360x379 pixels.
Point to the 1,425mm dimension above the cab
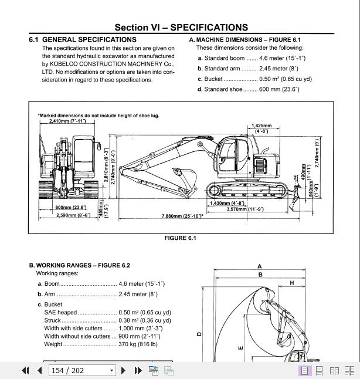tap(261, 126)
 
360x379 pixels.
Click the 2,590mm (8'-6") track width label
tap(73, 215)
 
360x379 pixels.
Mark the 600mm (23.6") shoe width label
tap(70, 208)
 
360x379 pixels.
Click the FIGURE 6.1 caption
tap(180, 238)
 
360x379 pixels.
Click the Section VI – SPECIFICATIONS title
tap(181, 28)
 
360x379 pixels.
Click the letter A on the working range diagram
tap(260, 266)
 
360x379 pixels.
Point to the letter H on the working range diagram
tap(291, 283)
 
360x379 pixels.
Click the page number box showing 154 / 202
tap(83, 370)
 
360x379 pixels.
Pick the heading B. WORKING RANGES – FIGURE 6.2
tap(79, 265)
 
